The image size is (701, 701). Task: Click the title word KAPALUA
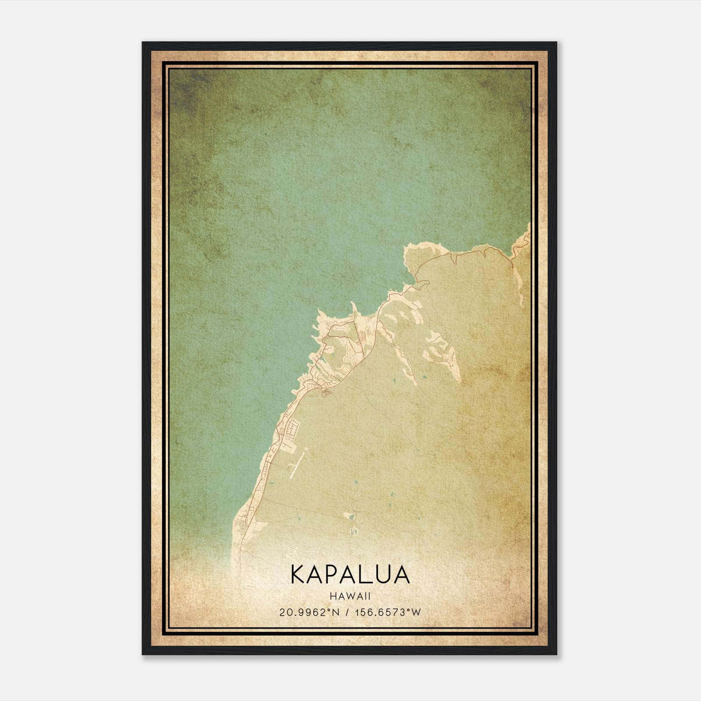(x=350, y=574)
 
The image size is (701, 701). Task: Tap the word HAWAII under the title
(x=350, y=596)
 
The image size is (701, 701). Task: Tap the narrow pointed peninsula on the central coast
(x=353, y=307)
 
